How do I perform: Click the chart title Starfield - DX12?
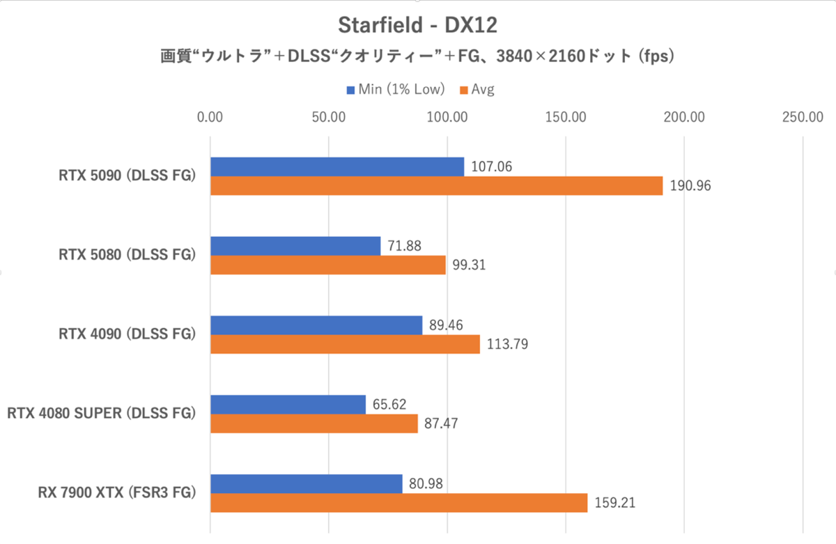417,25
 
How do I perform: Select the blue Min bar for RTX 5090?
337,166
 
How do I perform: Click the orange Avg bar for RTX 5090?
436,186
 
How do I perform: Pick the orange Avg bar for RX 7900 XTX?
398,503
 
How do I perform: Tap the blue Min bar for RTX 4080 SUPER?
288,404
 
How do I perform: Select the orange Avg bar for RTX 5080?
327,265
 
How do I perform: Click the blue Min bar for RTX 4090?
316,325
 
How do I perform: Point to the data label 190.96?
690,186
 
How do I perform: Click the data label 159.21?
614,503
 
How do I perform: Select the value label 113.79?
506,344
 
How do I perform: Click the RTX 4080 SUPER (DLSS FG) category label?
101,414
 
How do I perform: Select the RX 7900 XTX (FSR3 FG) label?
116,493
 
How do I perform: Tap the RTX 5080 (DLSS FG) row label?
127,256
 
